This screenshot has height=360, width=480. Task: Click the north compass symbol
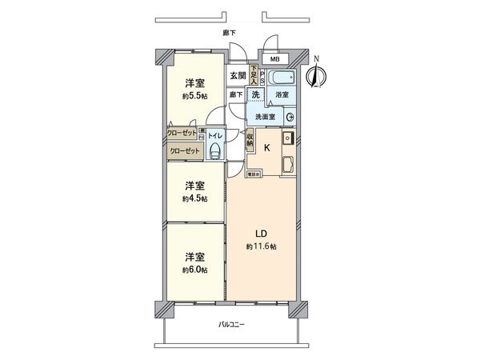(316, 76)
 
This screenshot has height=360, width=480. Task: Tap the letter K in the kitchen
(267, 147)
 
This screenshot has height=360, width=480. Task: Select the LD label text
(261, 234)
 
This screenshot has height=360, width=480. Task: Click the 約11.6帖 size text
(262, 247)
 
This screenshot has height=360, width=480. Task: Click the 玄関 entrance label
(238, 76)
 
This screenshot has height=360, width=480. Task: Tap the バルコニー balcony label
(231, 325)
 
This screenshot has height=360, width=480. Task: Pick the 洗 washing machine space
(256, 94)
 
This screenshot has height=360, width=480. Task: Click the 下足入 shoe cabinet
(253, 76)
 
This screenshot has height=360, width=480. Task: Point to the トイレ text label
(214, 136)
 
